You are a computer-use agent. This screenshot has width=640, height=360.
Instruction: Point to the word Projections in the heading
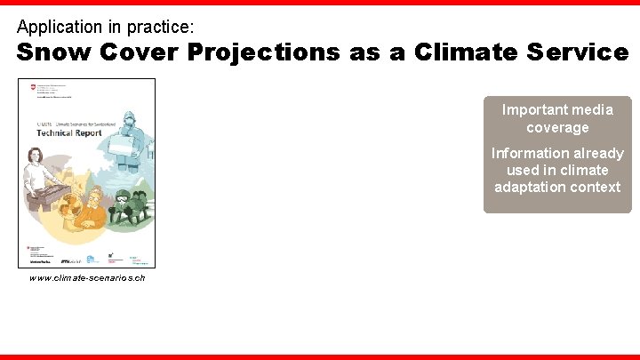(265, 52)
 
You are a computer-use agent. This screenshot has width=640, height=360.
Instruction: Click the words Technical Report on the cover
(69, 132)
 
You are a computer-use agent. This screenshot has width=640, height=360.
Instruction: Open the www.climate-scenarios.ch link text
(86, 278)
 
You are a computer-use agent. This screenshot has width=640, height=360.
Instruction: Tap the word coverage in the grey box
(557, 127)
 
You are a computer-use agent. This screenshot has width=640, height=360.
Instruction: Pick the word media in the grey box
(591, 110)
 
